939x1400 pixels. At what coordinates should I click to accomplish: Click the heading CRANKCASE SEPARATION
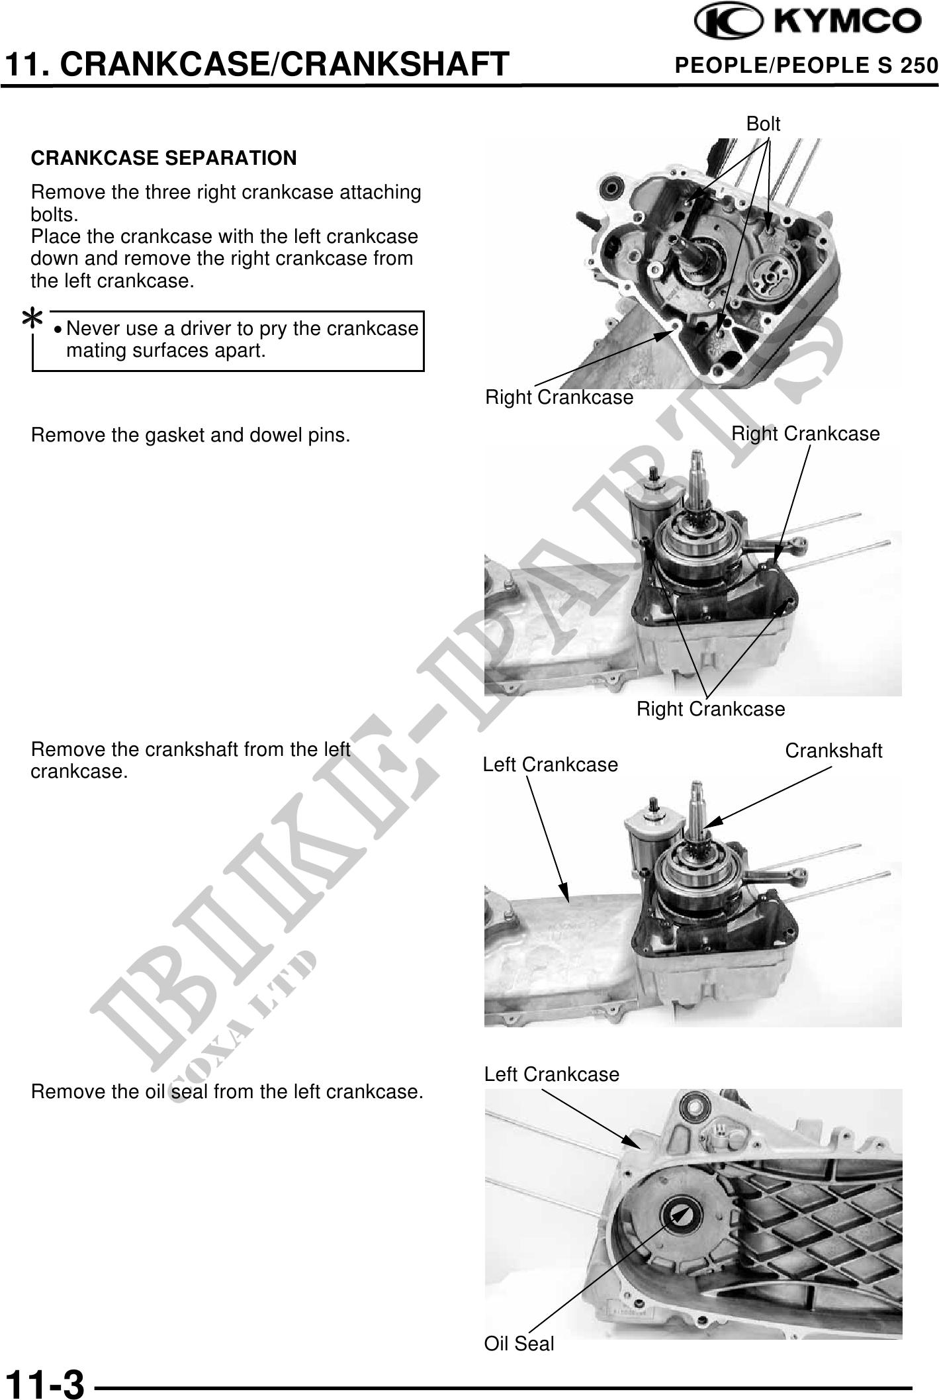point(164,158)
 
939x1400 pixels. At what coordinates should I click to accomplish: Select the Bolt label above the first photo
point(763,124)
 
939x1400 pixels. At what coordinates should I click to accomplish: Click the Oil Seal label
point(519,1344)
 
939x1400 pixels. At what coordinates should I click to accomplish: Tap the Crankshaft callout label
point(834,751)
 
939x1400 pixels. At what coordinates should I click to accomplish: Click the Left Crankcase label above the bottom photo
point(552,1074)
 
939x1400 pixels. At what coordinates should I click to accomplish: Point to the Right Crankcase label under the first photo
point(559,397)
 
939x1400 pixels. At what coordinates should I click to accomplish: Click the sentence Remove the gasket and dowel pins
point(191,436)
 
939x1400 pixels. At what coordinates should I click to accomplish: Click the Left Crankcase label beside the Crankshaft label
point(551,765)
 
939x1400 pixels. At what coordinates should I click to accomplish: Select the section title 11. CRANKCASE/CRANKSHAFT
point(256,64)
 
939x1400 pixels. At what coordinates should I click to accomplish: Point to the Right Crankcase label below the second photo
point(711,709)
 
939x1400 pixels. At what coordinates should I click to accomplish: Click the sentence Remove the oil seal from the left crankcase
point(227,1092)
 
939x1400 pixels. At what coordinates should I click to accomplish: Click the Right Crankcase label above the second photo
point(805,434)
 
